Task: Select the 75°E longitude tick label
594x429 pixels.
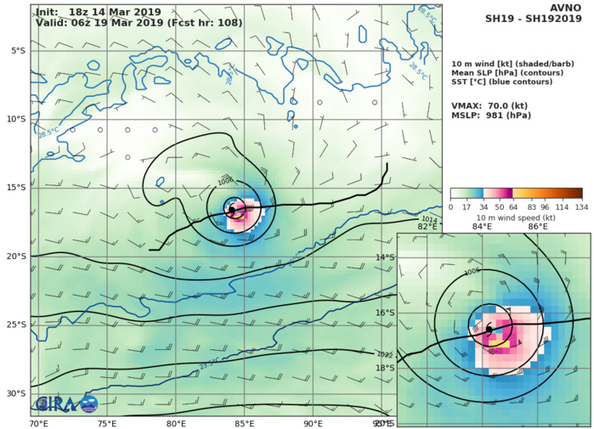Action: (x=107, y=423)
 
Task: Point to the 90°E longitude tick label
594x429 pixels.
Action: (x=314, y=423)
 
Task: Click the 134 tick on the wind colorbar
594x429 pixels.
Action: (x=581, y=207)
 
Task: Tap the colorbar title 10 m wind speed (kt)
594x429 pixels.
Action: (x=516, y=217)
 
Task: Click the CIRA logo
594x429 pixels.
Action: (x=65, y=404)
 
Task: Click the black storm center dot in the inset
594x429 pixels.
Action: (x=489, y=329)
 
